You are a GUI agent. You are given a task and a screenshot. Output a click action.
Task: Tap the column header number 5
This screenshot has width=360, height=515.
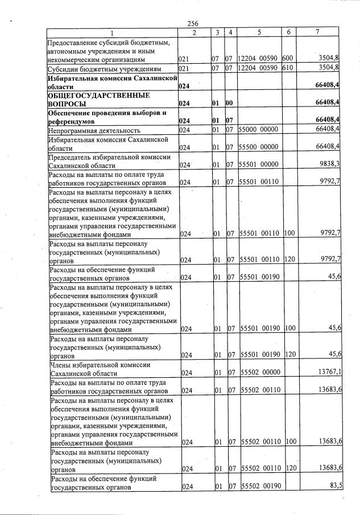(259, 32)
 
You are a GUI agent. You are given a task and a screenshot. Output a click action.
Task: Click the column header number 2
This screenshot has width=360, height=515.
(194, 32)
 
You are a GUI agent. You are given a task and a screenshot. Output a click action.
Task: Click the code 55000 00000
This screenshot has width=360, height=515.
(259, 130)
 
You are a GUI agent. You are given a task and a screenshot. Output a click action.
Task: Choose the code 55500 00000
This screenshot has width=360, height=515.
(259, 147)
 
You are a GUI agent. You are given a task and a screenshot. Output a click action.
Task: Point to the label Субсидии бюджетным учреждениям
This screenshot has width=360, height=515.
(106, 68)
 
